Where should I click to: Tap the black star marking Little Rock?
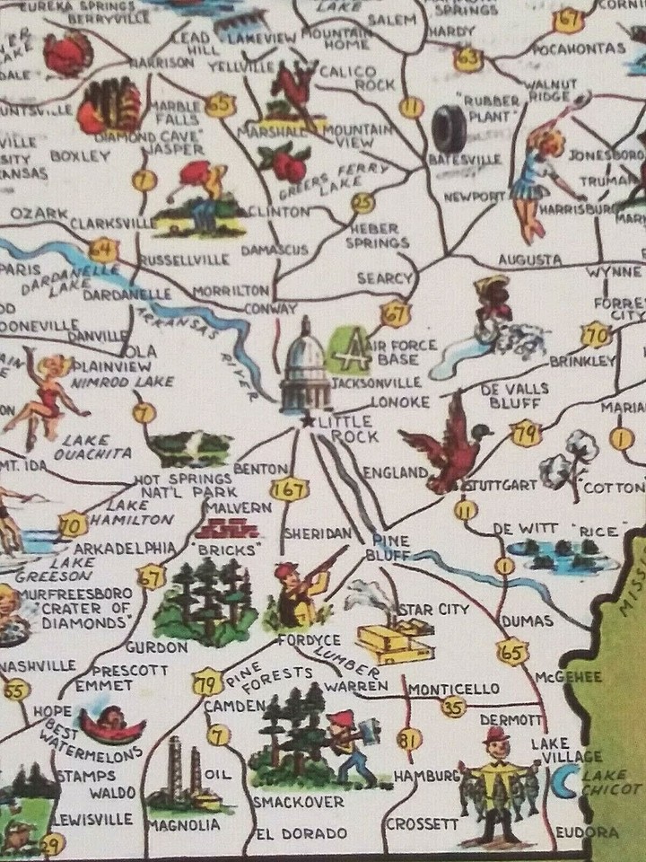tap(308, 420)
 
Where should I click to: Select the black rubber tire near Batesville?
tap(448, 128)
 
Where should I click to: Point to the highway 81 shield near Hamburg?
tap(409, 741)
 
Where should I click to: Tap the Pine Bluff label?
tap(389, 548)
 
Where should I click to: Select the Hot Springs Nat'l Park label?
tap(187, 485)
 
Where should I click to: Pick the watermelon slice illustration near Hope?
tap(111, 723)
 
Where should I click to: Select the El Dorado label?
tap(292, 832)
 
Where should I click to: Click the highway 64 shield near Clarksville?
tap(104, 248)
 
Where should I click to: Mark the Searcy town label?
tap(384, 278)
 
